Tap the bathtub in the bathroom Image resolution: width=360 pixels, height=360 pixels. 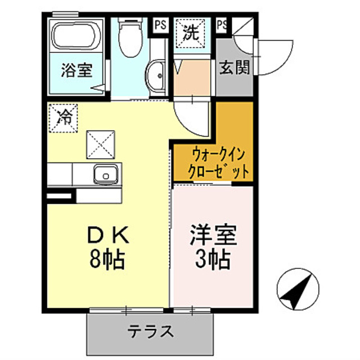pos(75,37)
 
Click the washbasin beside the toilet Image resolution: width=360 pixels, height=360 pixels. pos(155,76)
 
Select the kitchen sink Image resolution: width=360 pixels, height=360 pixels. pos(105,175)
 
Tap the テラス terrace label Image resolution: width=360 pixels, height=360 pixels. pos(150,331)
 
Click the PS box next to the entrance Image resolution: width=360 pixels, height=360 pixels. pos(222,24)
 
